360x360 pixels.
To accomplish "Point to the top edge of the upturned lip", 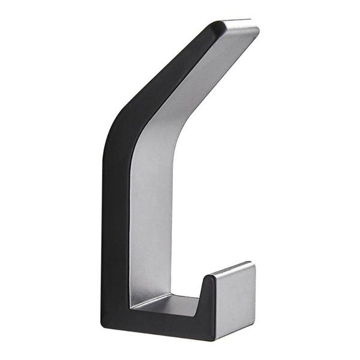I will [232, 269].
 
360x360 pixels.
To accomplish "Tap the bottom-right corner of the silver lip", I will [253, 321].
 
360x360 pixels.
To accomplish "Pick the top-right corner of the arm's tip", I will [258, 27].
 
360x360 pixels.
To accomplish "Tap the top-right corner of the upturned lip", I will [254, 263].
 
